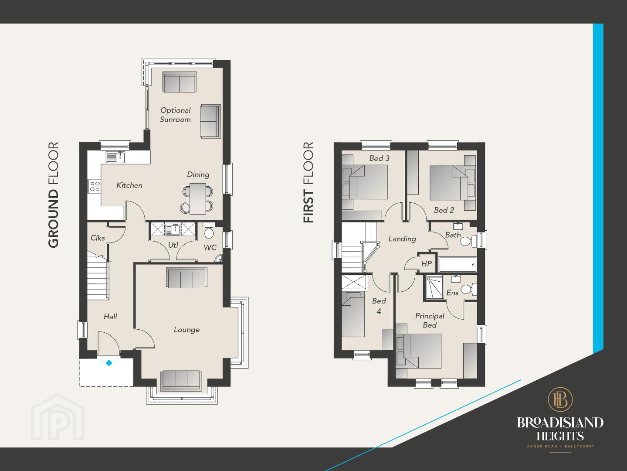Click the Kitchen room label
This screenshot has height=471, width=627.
point(129,185)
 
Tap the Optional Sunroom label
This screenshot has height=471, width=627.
point(176,115)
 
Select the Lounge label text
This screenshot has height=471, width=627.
point(187,330)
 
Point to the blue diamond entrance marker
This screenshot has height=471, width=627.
point(109,363)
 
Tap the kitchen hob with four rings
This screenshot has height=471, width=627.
point(95,186)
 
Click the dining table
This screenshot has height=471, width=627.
point(198,198)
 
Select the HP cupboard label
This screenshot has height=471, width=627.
point(427,263)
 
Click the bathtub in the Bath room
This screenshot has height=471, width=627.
point(458,264)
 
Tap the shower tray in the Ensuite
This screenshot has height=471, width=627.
point(434,287)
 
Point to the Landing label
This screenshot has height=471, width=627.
point(402,239)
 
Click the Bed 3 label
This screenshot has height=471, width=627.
point(380,158)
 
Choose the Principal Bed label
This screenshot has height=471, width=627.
point(430,321)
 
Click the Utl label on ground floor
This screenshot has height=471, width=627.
point(173,245)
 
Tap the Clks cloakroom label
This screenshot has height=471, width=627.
point(98,238)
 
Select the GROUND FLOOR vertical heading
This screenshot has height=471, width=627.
point(54,195)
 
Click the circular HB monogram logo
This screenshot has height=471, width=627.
point(560,399)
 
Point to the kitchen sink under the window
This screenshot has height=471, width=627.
point(115,157)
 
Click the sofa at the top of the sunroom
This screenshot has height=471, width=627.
point(180,82)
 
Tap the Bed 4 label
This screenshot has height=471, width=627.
point(379,306)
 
